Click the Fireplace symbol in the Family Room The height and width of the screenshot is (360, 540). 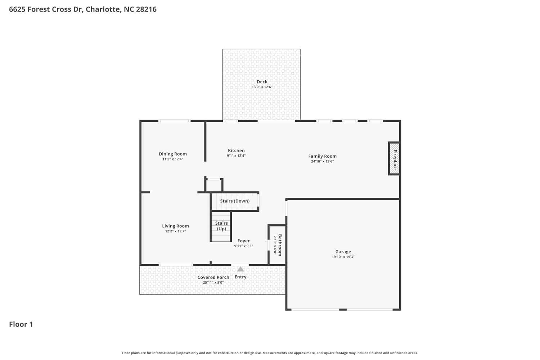coord(394,158)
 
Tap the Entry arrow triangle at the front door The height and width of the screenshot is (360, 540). coord(240,269)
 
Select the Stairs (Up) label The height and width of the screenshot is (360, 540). coord(221,226)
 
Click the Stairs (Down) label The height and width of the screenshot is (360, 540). coord(235,201)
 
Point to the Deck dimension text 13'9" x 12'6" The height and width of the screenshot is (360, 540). coord(262,87)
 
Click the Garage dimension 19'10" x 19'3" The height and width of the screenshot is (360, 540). coord(343,257)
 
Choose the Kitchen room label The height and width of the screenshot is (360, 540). coord(236,150)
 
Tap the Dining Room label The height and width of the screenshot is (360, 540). coord(173,154)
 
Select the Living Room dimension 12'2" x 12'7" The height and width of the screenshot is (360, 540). coord(175,231)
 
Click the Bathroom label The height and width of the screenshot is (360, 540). coord(280,245)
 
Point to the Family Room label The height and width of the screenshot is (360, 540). coord(322,156)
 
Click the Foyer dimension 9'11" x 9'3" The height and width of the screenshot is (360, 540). coord(243,246)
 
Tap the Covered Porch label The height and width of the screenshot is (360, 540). coord(213,277)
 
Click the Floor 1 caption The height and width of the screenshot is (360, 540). coord(21,324)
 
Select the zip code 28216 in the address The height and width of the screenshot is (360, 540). coord(146,9)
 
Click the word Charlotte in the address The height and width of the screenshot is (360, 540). coord(103,9)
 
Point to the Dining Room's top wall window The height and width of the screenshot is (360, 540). coord(174,121)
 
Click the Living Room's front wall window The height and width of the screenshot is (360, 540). coord(176,265)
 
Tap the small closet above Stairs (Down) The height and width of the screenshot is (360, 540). coord(214,185)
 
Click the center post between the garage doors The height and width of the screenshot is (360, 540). coord(343,309)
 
